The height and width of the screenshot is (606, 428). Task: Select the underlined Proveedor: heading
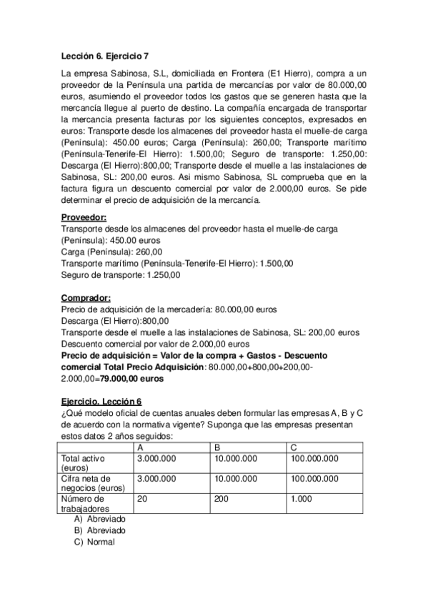84,217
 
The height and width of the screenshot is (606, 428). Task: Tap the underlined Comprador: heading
86,298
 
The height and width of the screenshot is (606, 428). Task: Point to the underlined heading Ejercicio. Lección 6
101,402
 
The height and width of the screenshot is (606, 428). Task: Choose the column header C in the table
294,447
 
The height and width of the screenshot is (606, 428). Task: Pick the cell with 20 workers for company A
142,499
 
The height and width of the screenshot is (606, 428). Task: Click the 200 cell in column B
222,499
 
